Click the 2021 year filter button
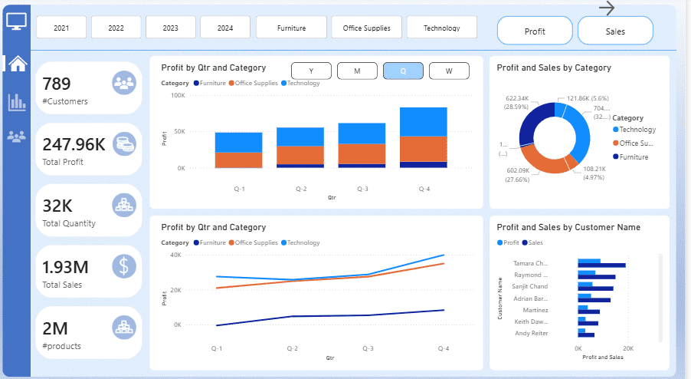coord(61,28)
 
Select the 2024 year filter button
coord(225,28)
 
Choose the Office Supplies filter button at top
coord(366,28)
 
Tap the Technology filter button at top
coord(441,28)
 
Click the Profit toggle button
coord(535,31)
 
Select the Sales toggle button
coord(615,31)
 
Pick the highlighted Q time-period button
coord(402,71)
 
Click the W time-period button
coord(448,71)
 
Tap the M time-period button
coord(357,71)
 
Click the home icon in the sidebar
coord(17,63)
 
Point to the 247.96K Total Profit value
coord(74,144)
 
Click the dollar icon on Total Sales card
coord(124,265)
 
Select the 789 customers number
coord(56,83)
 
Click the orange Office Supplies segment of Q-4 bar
coord(423,149)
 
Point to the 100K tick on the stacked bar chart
coord(177,95)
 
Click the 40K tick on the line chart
coord(175,255)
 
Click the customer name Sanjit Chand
coord(531,286)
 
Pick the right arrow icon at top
coord(607,8)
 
